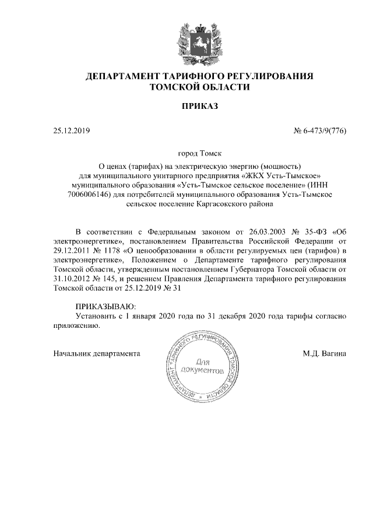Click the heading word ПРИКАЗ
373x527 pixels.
[200, 107]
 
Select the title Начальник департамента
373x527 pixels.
[97, 353]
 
